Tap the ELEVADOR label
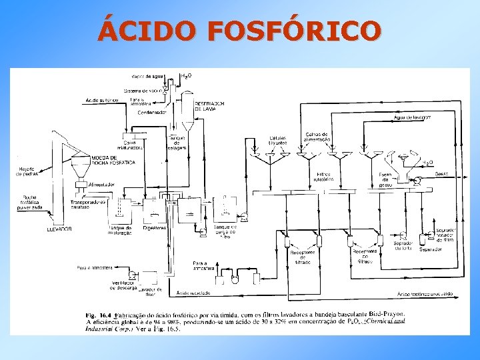pyautogui.click(x=59, y=229)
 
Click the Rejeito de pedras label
pyautogui.click(x=29, y=171)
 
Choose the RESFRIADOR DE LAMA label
pyautogui.click(x=209, y=107)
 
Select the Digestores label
pyautogui.click(x=155, y=228)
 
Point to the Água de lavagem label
pyautogui.click(x=413, y=117)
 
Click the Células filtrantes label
pyautogui.click(x=278, y=141)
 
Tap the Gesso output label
pyautogui.click(x=441, y=173)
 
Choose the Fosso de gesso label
pyautogui.click(x=385, y=179)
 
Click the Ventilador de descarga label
pyautogui.click(x=124, y=286)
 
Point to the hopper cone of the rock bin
pyautogui.click(x=81, y=170)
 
